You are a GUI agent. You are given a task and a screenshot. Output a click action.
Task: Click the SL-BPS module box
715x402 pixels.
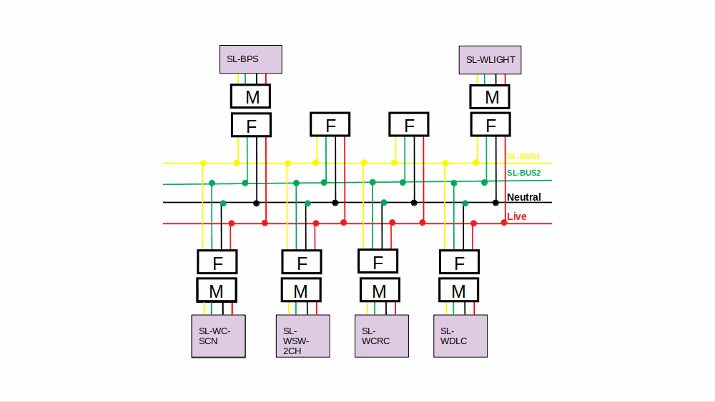coord(250,59)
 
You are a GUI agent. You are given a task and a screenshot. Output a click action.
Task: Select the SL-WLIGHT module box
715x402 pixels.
coord(490,60)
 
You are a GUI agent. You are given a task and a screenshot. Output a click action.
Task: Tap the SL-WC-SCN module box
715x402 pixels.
coord(218,336)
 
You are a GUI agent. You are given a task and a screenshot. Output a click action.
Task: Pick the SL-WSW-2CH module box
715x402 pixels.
coord(302,336)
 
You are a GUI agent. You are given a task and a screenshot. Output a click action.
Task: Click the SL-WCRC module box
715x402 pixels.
coord(382,336)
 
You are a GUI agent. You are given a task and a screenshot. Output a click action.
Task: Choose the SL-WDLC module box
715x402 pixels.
coord(460,336)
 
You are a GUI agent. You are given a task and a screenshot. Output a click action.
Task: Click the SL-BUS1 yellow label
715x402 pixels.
coord(523,156)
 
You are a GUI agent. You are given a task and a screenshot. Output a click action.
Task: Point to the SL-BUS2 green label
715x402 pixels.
coord(523,173)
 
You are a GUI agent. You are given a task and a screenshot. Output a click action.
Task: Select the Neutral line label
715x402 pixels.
coord(524,197)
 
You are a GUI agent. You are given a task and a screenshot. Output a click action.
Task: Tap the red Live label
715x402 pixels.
coord(517,216)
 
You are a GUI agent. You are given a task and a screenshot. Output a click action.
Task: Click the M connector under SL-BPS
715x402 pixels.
coord(251,96)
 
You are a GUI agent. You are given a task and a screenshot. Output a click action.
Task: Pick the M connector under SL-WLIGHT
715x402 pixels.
coord(490,96)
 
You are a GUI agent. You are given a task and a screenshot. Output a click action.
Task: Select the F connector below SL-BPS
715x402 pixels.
coord(251,125)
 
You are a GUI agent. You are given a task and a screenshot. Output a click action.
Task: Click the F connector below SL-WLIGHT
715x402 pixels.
coord(490,125)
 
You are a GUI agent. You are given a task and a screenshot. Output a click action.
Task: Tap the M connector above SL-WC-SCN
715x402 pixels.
coord(217,291)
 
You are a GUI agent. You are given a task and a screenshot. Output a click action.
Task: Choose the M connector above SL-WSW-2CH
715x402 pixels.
coord(301,291)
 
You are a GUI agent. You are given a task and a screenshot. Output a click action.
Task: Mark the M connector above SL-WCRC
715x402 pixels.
coord(380,291)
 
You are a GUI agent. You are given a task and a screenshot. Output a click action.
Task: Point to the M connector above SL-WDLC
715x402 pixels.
coord(458,291)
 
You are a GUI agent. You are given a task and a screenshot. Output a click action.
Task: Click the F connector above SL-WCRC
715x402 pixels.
coord(378,261)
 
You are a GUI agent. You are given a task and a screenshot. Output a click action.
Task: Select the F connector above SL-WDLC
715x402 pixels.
coord(458,263)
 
